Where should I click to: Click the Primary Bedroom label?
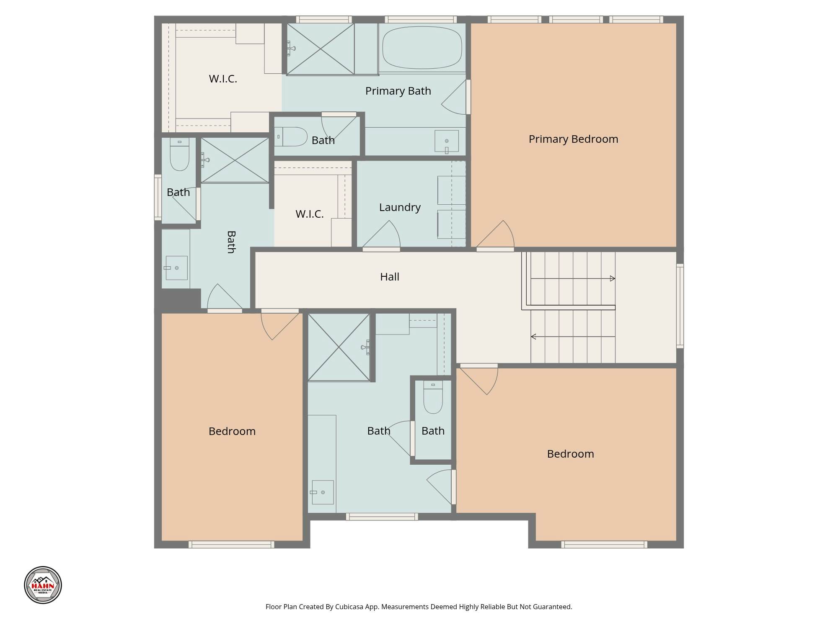coord(573,139)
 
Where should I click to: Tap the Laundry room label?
coord(400,208)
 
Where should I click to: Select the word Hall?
coord(390,277)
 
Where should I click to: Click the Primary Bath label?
coord(398,91)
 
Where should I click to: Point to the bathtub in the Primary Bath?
coord(422,48)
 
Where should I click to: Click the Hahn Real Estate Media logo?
coord(43,585)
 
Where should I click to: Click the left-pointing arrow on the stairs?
coord(573,337)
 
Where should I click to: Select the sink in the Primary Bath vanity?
coord(447,142)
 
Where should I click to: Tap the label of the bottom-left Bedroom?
coord(232,431)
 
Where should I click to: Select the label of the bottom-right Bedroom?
coord(570,454)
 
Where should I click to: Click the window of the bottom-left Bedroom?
coord(231,545)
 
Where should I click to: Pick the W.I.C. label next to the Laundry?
coord(309,214)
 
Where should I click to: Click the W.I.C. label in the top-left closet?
coord(223,79)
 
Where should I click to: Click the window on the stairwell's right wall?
coord(680,306)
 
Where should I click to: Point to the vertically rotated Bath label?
coord(231,242)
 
